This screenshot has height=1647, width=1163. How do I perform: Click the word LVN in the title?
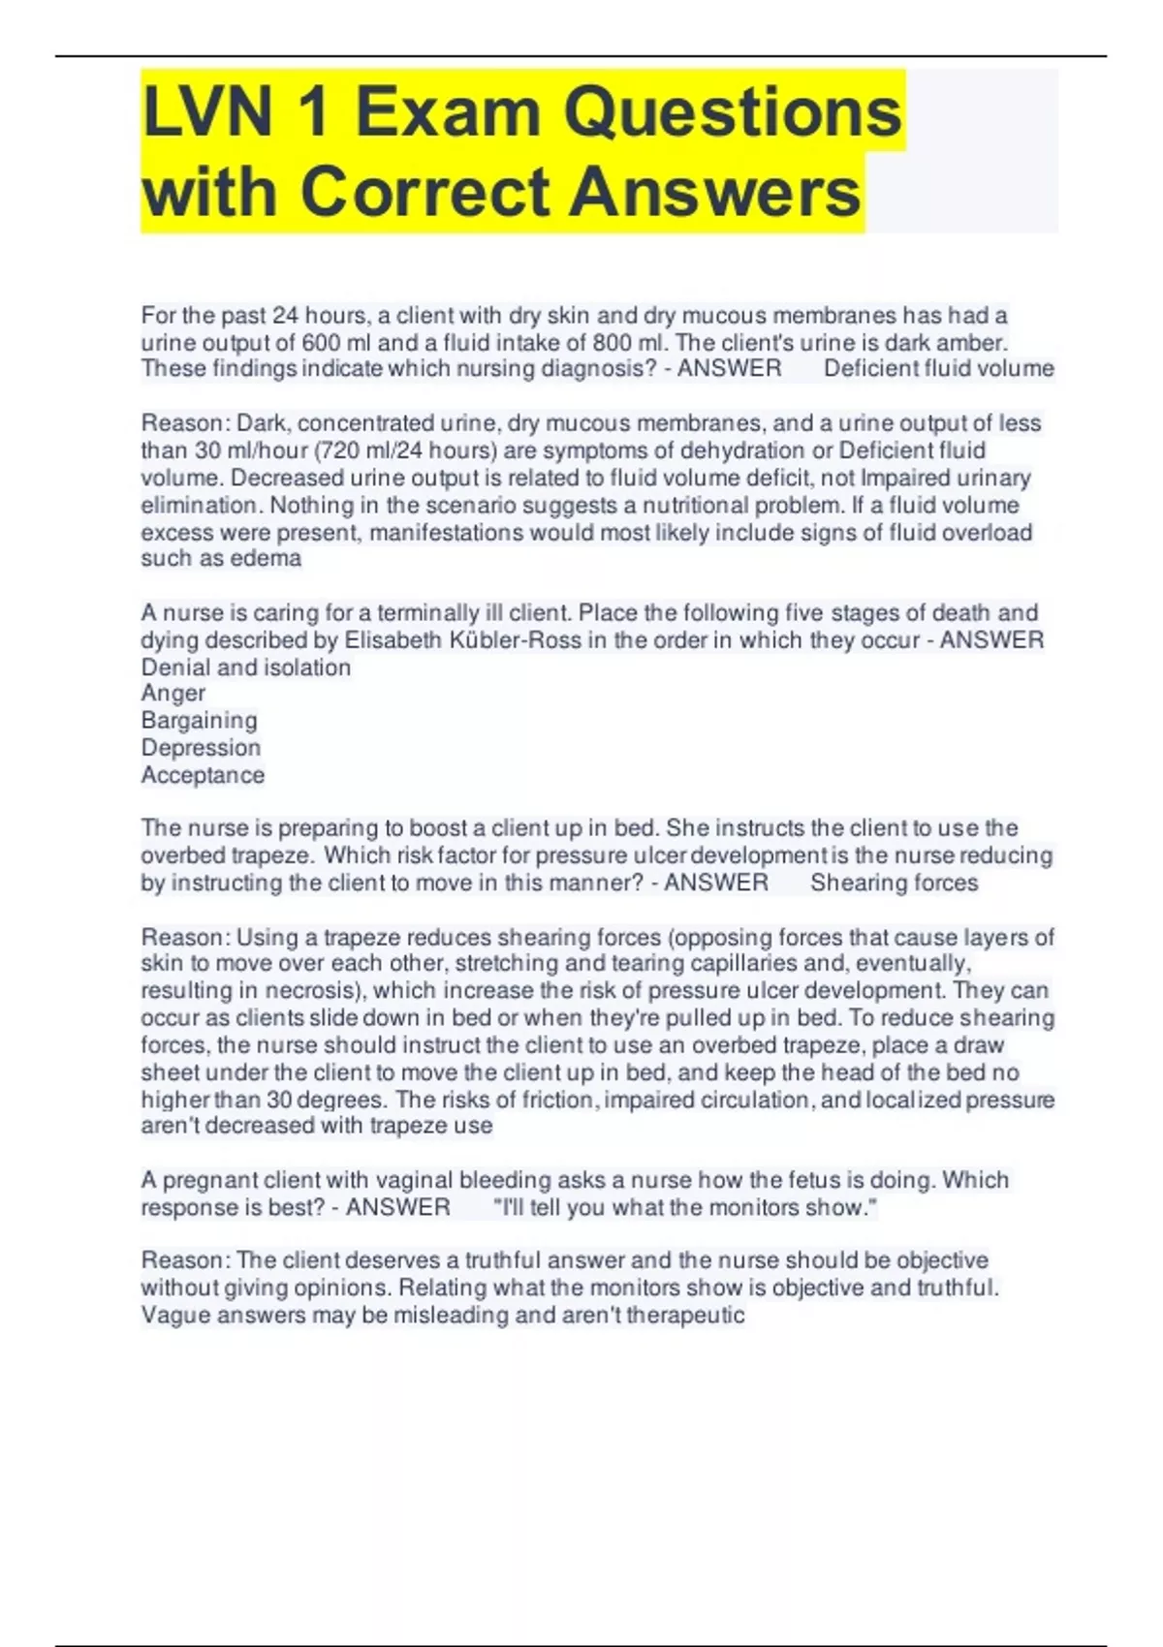[x=208, y=113]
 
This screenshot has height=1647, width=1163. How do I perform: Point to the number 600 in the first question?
[x=321, y=343]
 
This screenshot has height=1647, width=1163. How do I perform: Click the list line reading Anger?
[x=173, y=694]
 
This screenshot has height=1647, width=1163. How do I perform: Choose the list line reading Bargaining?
[x=200, y=721]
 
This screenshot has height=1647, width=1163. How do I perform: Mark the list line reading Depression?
[x=201, y=748]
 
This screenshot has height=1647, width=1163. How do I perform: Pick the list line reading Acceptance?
[x=203, y=775]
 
